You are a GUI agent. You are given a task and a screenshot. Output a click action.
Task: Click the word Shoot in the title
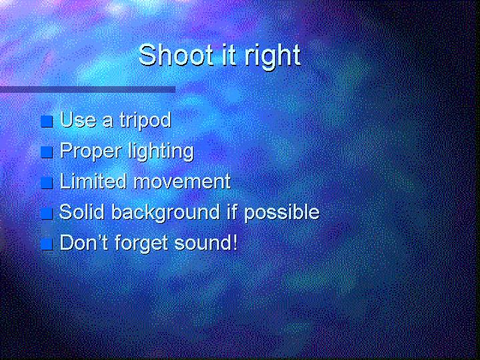coord(176,55)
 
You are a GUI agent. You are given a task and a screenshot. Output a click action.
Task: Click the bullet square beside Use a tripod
coord(47,122)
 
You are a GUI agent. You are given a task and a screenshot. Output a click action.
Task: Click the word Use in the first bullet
coord(77,120)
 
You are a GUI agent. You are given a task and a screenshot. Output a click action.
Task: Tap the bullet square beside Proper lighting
coord(47,152)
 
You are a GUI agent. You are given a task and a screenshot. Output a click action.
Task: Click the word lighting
coord(161,152)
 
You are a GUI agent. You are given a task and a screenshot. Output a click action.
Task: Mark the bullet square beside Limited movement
coord(47,183)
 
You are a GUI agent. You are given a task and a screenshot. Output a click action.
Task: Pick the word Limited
coord(93,181)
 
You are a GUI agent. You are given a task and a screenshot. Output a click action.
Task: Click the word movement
coord(182,182)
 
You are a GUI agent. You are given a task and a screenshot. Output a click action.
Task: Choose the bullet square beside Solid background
coord(47,214)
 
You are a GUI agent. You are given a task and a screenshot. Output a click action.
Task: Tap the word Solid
coord(81,212)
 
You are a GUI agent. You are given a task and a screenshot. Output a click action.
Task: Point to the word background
coord(166,212)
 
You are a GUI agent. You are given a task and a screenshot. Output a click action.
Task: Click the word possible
coord(282,212)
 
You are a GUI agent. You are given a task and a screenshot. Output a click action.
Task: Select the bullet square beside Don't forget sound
coord(47,244)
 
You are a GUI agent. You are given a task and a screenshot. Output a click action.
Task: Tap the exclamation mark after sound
coord(235,242)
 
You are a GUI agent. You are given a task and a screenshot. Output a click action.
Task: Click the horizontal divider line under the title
coord(87,89)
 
